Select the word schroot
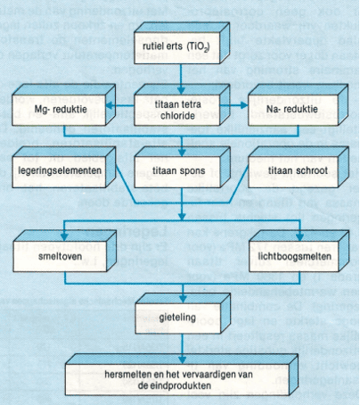pos(307,167)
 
